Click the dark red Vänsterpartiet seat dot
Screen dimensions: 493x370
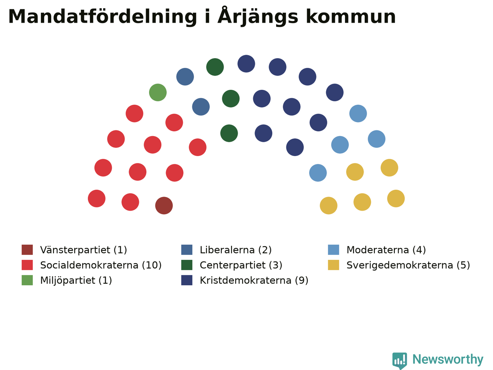coord(164,205)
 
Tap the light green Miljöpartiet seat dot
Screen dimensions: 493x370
coord(158,92)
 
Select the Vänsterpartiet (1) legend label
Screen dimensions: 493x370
coord(84,250)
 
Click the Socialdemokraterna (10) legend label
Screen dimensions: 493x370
coord(101,265)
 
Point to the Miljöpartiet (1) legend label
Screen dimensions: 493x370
coord(76,280)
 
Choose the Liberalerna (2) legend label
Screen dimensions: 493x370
coord(236,250)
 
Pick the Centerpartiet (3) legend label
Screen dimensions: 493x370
coord(241,265)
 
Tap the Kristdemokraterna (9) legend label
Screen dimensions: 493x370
coord(254,280)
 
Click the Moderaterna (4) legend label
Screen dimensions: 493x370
coord(386,250)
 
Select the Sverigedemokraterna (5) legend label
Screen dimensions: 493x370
coord(408,265)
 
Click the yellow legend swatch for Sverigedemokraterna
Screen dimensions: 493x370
coord(334,265)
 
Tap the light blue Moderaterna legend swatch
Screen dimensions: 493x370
coord(334,250)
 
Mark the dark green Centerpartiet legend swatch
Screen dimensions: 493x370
coord(187,265)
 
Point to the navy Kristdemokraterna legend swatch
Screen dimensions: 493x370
coord(187,280)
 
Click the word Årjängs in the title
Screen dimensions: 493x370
coord(258,17)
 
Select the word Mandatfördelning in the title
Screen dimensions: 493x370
coord(102,17)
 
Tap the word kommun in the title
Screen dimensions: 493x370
coord(350,17)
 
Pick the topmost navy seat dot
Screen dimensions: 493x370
coord(246,64)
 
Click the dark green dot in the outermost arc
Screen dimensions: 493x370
coord(215,67)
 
